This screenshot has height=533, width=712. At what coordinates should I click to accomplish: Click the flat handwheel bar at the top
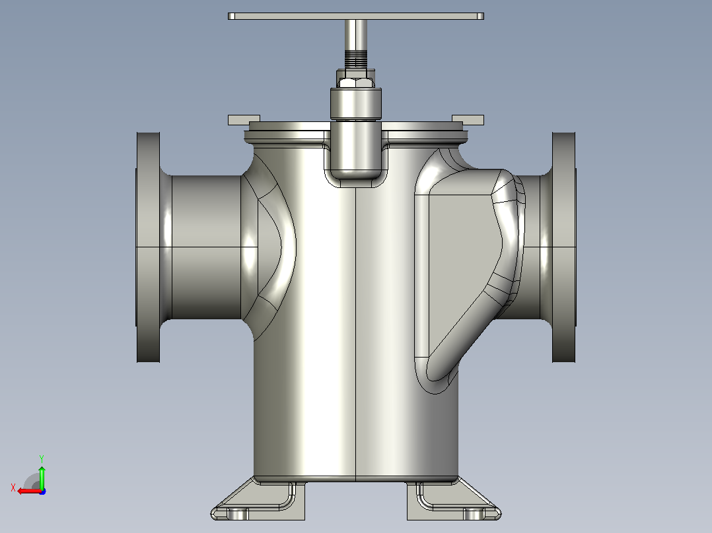point(355,16)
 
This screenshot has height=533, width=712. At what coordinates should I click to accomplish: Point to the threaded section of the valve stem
point(355,59)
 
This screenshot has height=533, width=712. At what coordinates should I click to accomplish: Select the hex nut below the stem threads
point(355,82)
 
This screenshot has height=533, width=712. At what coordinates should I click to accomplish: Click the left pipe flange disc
point(148,247)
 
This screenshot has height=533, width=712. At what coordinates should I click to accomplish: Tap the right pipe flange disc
point(564,247)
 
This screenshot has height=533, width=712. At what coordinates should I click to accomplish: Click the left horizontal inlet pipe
point(207,247)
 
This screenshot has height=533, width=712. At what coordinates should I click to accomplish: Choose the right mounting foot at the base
point(454,499)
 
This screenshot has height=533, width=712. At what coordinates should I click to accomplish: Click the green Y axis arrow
point(42,477)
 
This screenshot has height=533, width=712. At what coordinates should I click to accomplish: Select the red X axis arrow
point(30,491)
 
